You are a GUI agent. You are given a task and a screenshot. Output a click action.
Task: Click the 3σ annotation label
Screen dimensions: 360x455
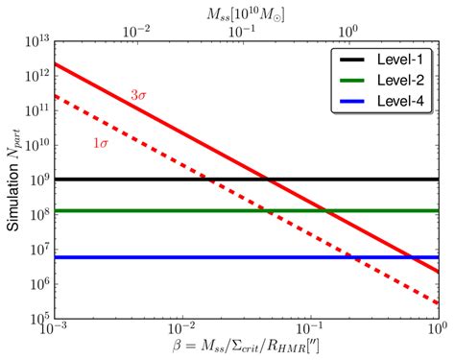click(140, 95)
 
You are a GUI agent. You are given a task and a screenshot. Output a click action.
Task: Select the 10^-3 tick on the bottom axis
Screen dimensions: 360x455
click(55, 331)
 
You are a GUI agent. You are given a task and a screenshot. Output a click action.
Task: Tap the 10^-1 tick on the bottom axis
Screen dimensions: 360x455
click(310, 331)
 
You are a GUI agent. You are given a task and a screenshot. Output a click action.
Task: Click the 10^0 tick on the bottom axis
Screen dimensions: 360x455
click(437, 331)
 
